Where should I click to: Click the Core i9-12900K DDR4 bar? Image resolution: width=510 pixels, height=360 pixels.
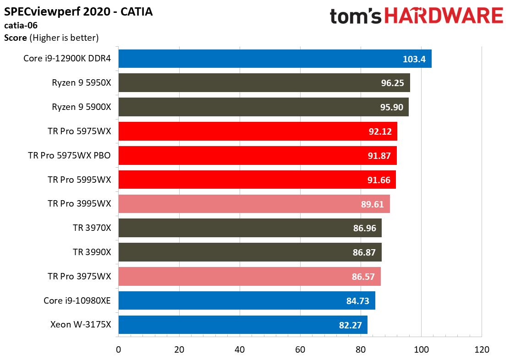pos(275,59)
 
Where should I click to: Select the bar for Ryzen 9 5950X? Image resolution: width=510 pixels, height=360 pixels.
pos(264,83)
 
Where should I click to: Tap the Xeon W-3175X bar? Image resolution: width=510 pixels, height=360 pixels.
pos(243,325)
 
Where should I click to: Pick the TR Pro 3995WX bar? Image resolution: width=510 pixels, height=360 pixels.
pos(254,204)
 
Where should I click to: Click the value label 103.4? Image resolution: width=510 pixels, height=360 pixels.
pos(414,59)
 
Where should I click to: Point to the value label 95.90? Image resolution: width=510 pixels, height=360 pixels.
pos(392,107)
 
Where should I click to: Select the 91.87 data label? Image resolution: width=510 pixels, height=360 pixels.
pos(379,156)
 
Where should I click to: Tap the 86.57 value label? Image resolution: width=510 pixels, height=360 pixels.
pos(363,277)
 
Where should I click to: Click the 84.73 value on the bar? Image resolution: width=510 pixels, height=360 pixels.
pos(358,301)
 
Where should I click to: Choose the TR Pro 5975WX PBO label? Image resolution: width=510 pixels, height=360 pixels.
pos(69,155)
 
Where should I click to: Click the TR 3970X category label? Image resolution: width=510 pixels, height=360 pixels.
pos(92,228)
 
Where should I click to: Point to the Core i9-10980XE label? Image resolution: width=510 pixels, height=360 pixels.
pos(77,300)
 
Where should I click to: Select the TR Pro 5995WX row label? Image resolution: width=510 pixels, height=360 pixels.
pos(79,180)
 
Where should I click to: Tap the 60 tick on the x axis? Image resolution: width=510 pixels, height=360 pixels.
pos(300,350)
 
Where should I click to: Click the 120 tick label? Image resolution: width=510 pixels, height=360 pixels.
pos(482,350)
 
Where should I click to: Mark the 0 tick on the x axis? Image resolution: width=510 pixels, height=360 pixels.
pos(118,350)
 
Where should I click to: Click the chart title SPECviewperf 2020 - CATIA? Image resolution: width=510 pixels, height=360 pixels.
pos(78,12)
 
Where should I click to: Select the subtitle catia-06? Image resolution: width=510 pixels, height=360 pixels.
pos(21,25)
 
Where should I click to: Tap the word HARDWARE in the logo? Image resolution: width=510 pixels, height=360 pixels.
pos(444,16)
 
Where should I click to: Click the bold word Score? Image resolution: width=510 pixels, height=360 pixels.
pos(15,38)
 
